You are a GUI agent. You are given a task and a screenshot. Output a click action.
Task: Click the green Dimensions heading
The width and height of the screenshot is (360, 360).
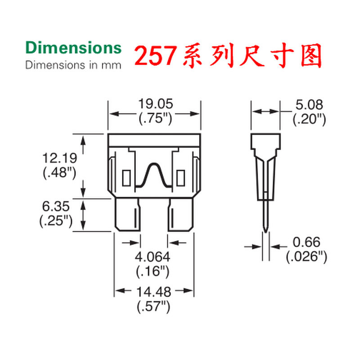point(73,48)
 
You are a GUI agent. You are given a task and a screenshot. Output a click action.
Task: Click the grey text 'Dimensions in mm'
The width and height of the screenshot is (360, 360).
point(73,65)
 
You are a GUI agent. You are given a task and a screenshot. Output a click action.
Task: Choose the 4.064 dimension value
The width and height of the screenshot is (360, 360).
point(153,257)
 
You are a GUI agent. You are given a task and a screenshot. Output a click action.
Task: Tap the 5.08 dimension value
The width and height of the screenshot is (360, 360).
point(309,105)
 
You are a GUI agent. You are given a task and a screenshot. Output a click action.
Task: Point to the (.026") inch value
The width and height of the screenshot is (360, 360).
point(306,257)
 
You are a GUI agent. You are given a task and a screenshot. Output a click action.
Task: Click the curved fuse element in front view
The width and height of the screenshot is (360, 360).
point(154,175)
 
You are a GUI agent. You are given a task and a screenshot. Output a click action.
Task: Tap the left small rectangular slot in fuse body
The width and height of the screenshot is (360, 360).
point(126,178)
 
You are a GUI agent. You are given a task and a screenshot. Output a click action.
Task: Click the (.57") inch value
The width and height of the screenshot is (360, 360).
point(153,307)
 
